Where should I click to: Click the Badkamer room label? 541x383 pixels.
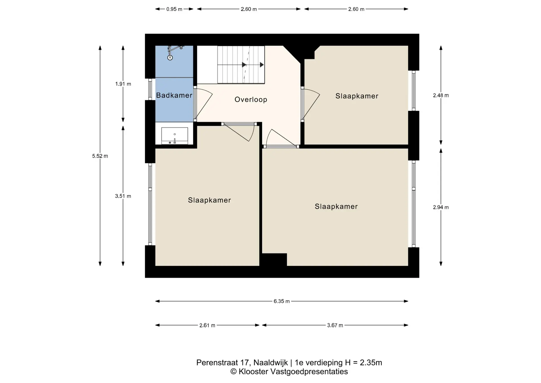click(174, 95)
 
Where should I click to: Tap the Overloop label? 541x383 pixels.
click(251, 100)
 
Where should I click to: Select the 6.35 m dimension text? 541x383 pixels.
click(281, 301)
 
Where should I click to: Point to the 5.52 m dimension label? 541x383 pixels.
click(100, 156)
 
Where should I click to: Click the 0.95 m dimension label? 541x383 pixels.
click(174, 9)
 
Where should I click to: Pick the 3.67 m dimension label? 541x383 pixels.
click(335, 325)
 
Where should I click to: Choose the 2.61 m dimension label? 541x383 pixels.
click(207, 325)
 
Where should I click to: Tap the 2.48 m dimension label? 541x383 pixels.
click(441, 95)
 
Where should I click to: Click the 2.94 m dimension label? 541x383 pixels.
click(441, 207)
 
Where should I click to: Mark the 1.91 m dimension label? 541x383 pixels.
click(123, 84)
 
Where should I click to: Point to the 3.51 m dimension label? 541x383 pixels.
click(123, 196)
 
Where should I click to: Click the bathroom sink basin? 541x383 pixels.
click(174, 136)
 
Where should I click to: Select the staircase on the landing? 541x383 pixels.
click(241, 65)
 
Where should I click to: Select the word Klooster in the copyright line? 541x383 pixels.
click(254, 372)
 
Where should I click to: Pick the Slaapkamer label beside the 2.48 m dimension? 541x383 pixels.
click(357, 96)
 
